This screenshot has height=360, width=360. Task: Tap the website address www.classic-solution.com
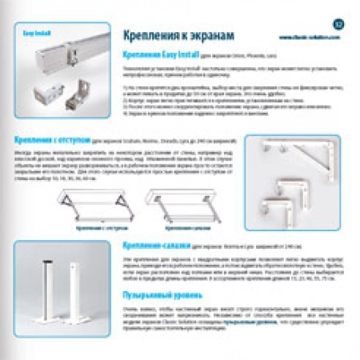306,37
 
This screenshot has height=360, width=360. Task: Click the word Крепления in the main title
149,37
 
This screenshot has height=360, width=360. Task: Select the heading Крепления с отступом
49,138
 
